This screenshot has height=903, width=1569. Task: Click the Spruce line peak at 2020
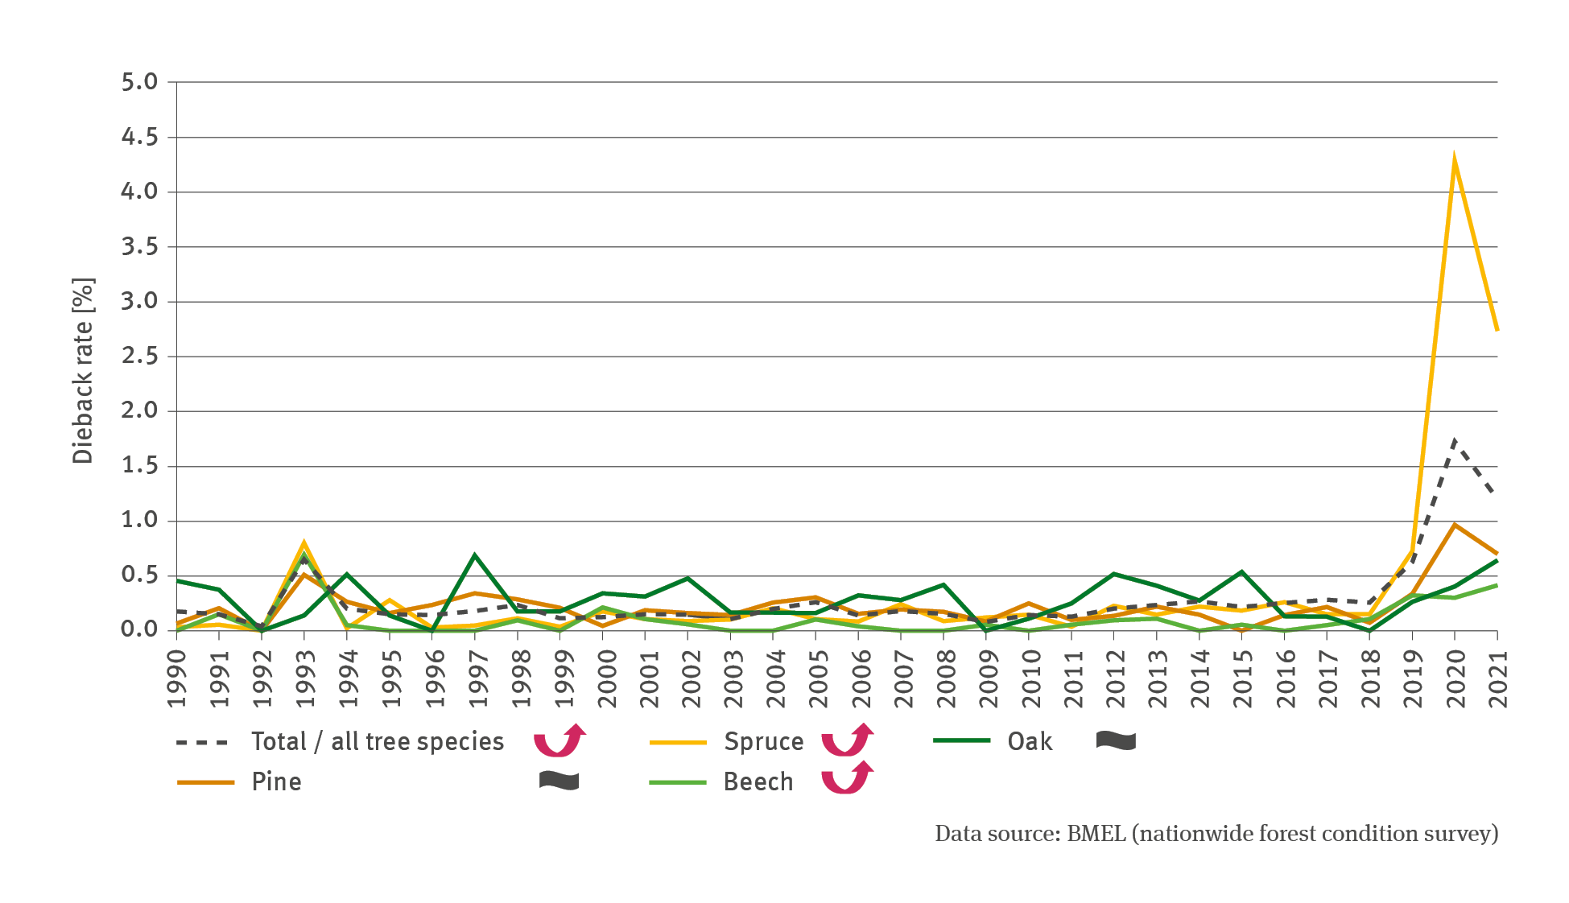tap(1454, 160)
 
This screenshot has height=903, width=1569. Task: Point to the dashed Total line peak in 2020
tap(1454, 440)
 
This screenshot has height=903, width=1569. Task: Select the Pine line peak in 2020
tap(1454, 525)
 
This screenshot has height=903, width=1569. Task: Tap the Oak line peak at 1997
tap(475, 555)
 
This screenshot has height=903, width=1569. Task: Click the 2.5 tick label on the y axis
tap(138, 356)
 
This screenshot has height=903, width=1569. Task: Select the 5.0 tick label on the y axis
tap(138, 81)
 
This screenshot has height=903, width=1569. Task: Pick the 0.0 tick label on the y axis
tap(138, 629)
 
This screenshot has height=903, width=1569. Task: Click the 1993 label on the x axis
tap(304, 678)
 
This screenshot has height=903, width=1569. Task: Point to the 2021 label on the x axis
tap(1497, 678)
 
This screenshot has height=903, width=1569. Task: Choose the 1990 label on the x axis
tap(177, 678)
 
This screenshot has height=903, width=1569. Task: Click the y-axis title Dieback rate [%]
tap(83, 370)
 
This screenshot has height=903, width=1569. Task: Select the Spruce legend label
tap(763, 741)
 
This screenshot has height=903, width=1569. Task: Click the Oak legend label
tap(1030, 741)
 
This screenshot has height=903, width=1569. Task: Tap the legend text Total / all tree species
tap(377, 741)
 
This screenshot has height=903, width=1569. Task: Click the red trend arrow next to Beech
tap(847, 777)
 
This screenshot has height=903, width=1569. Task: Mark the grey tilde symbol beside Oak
tap(1116, 740)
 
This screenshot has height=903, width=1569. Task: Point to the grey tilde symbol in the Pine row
tap(559, 780)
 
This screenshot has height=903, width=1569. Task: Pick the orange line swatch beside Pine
tap(205, 782)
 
